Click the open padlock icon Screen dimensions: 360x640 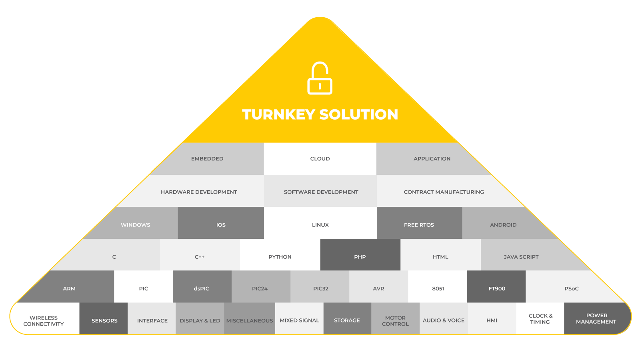click(x=320, y=78)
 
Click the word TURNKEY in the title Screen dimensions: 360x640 click(x=278, y=115)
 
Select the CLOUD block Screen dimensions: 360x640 click(x=320, y=159)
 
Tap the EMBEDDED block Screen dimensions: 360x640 click(x=207, y=159)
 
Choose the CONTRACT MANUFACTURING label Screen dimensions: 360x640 click(x=444, y=192)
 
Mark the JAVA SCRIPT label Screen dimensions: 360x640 click(x=521, y=257)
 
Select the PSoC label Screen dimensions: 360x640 click(x=571, y=289)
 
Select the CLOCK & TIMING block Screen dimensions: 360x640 click(x=540, y=318)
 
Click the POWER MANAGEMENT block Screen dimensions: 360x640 click(x=596, y=318)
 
